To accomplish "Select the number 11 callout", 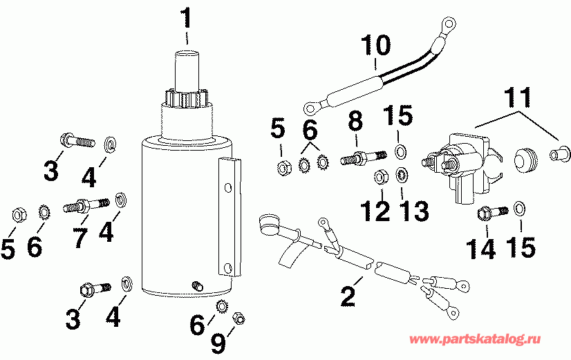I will (518, 97).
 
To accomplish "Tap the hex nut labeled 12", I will (380, 178).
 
